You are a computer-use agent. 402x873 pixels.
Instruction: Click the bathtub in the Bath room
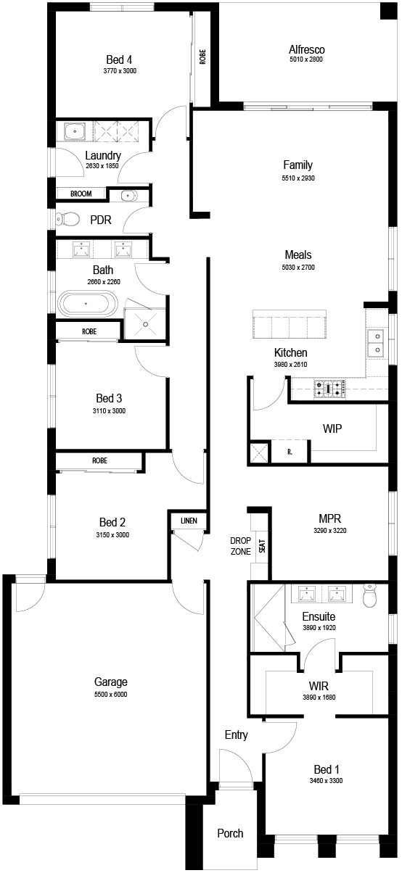pos(88,303)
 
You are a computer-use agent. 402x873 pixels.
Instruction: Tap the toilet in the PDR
pos(67,219)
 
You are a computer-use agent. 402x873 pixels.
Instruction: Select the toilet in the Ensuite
pos(369,595)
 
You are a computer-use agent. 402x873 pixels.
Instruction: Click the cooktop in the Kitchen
pos(330,389)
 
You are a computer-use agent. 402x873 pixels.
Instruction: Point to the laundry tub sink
pos(75,131)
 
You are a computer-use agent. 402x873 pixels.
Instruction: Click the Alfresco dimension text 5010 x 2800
pos(306,59)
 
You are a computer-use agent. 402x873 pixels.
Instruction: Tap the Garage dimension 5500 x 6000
pos(111,694)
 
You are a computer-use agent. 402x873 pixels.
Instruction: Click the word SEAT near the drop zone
pos(262,546)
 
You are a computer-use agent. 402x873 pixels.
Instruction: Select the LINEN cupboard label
pos(189,521)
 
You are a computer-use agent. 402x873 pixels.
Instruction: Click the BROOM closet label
pos(81,194)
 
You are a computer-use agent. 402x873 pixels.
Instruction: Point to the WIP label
pos(332,429)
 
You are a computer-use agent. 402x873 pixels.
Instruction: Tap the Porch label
pos(230,833)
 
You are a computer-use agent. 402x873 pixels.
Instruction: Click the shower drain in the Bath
pos(145,324)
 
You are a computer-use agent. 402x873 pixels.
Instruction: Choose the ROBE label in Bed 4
pos(202,57)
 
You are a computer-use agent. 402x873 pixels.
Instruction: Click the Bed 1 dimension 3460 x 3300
pos(326,780)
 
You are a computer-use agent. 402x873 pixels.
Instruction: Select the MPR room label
pos(330,518)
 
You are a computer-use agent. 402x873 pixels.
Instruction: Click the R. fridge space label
pos(290,452)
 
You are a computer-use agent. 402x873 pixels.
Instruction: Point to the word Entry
pos(237,735)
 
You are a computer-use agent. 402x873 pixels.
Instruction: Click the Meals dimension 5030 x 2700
pos(298,268)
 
